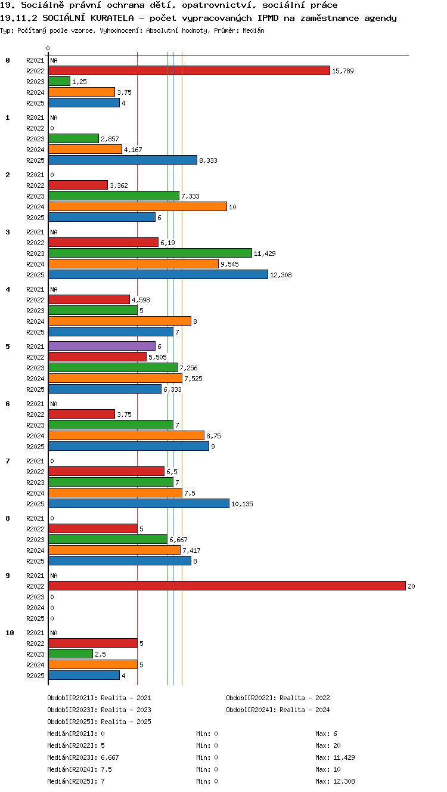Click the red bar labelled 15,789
click(189, 70)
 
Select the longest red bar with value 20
click(227, 586)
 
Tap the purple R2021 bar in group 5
click(102, 346)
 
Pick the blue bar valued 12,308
click(158, 274)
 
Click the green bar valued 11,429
click(150, 253)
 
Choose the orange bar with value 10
click(138, 206)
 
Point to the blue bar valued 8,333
click(123, 160)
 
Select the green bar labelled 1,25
click(60, 81)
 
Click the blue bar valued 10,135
click(139, 503)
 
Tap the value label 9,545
click(229, 264)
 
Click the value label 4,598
click(141, 300)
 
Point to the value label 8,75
click(213, 436)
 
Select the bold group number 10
click(10, 633)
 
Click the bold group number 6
click(7, 404)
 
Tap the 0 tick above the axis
click(48, 48)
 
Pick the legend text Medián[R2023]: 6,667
click(83, 757)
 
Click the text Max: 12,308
click(335, 781)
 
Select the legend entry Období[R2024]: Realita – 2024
click(278, 710)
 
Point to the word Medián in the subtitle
click(253, 30)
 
